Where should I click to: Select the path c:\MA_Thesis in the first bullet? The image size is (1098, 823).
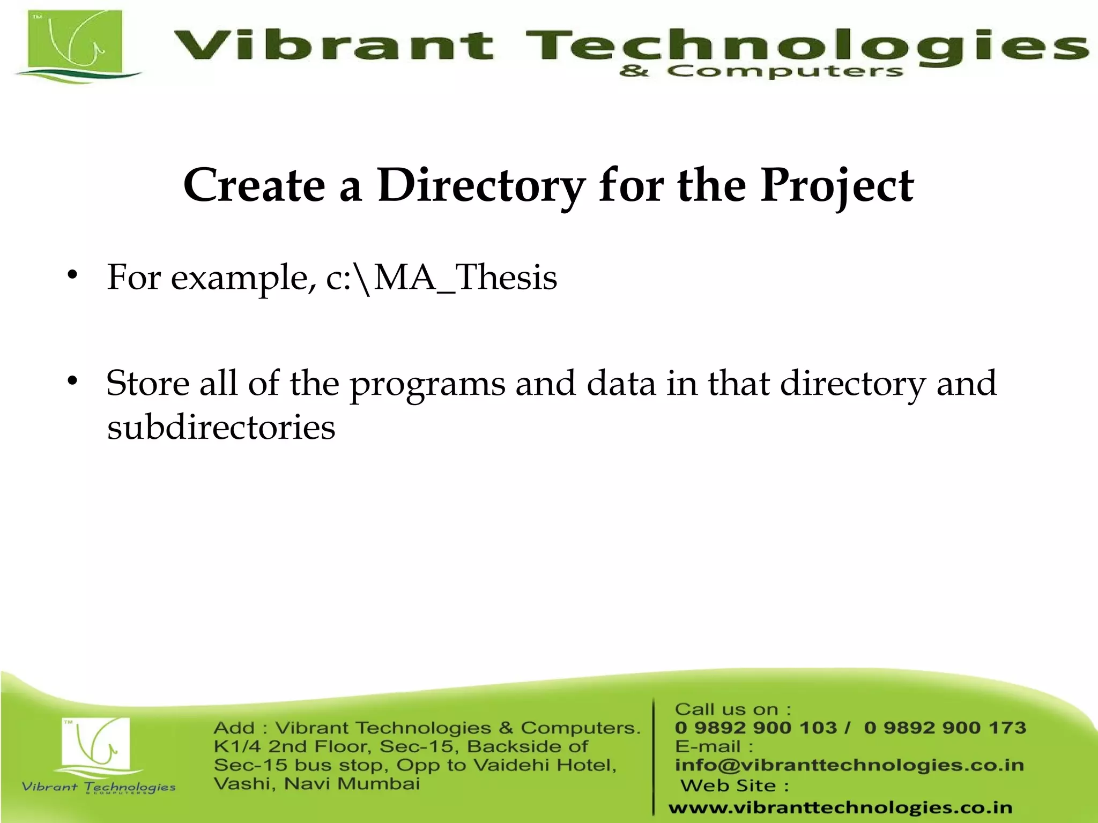click(x=441, y=278)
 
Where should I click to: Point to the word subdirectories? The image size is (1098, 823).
click(x=221, y=428)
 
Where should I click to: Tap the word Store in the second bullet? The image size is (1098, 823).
click(x=147, y=384)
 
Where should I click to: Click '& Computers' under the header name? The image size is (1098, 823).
click(x=761, y=71)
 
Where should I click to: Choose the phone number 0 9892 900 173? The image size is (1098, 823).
click(x=945, y=728)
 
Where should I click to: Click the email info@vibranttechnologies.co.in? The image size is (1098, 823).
click(x=849, y=765)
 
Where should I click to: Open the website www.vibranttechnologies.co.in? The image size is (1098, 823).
click(x=840, y=807)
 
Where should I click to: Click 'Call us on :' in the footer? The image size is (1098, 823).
click(x=732, y=709)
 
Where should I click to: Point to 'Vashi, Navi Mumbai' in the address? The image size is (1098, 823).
click(x=316, y=784)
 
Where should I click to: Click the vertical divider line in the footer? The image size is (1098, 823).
click(x=654, y=755)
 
